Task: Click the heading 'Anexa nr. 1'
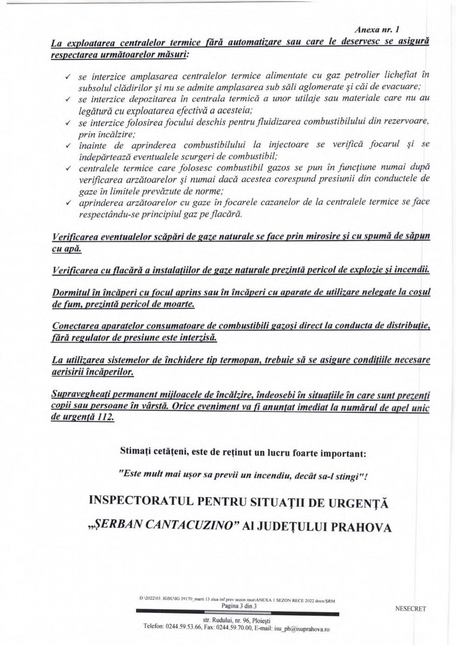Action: [x=376, y=30]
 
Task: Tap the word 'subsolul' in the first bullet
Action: [x=94, y=87]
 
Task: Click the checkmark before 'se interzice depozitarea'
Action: [x=68, y=99]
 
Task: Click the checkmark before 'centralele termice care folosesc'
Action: [x=68, y=168]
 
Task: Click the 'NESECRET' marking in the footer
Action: [x=411, y=609]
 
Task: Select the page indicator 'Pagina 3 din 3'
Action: [x=238, y=606]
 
